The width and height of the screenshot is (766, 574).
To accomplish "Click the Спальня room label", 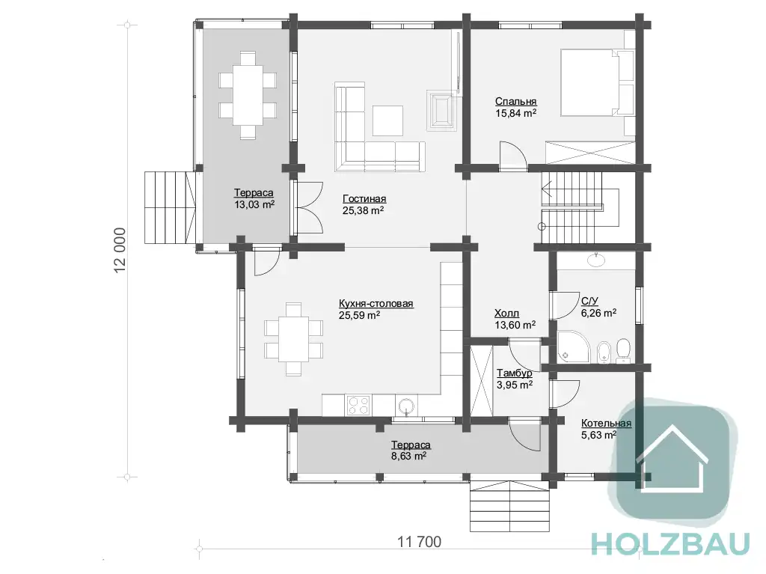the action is coord(516,102).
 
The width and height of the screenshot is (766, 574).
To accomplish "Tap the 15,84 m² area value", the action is coord(516,114).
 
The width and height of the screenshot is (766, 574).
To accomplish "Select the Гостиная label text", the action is coord(364,199).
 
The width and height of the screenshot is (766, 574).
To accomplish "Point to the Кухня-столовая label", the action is coord(376,304).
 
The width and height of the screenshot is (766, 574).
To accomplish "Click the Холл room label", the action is coord(506,314).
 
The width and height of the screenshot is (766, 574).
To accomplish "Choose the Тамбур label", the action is coord(515,373).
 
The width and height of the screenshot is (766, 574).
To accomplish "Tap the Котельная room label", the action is coord(606,424).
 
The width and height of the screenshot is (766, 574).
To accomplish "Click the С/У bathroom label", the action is coord(589,301).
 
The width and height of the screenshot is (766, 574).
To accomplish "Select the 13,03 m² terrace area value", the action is coord(254,204).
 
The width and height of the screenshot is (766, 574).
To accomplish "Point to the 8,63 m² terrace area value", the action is coord(409,457).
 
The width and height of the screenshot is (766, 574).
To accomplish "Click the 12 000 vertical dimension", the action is coord(120,251).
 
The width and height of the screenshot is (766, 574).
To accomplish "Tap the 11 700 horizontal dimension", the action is coord(419,542).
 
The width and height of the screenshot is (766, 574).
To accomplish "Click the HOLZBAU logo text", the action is coord(670,543).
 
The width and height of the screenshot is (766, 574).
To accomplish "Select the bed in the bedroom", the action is coord(597,82).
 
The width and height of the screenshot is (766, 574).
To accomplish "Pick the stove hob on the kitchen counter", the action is coord(358,406).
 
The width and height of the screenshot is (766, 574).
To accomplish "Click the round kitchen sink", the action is coord(406,406).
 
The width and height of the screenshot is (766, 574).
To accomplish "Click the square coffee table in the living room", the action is coord(388,120).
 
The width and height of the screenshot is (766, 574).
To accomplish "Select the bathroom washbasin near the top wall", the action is coord(596,260).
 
